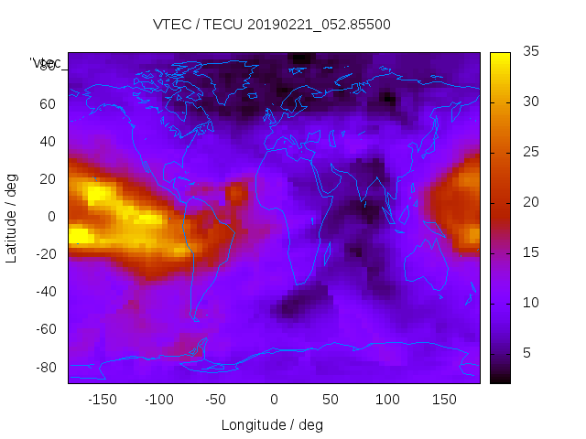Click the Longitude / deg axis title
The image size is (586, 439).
pos(272,425)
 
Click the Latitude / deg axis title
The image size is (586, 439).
pos(12,217)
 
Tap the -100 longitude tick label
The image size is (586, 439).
pos(158,400)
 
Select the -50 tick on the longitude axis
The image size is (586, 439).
pos(216,400)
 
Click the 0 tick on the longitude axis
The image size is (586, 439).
pos(273,400)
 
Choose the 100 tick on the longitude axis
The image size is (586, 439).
pos(387,400)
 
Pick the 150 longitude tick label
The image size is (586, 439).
pos(444,400)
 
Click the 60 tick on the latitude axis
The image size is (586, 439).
pos(47,104)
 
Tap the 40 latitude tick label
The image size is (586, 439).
pos(47,142)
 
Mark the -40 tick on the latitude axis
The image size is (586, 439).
pos(44,292)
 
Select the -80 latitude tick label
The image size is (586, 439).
pos(44,367)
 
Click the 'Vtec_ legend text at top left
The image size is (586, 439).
pos(46,63)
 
